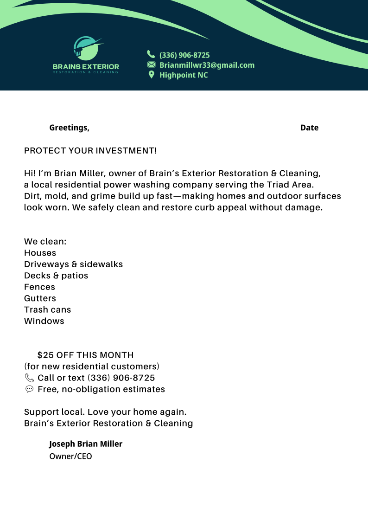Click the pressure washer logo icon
pos(86,48)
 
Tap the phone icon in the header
pos(151,54)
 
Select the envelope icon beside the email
pos(151,64)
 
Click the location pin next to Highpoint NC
pos(151,75)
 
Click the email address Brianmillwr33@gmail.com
pos(207,65)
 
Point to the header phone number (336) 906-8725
pos(184,55)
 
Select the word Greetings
pos(69,128)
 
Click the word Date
pos(309,128)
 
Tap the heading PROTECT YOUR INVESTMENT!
pos(90,151)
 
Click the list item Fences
pos(39,287)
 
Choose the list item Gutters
pos(40,298)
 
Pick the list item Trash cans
pos(47,309)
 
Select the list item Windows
pos(44,321)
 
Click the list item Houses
pos(40,253)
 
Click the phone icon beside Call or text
pos(29,378)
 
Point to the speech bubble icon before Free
pos(29,389)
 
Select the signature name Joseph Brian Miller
pos(86,444)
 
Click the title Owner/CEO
pos(70,457)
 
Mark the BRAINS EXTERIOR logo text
pos(86,67)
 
